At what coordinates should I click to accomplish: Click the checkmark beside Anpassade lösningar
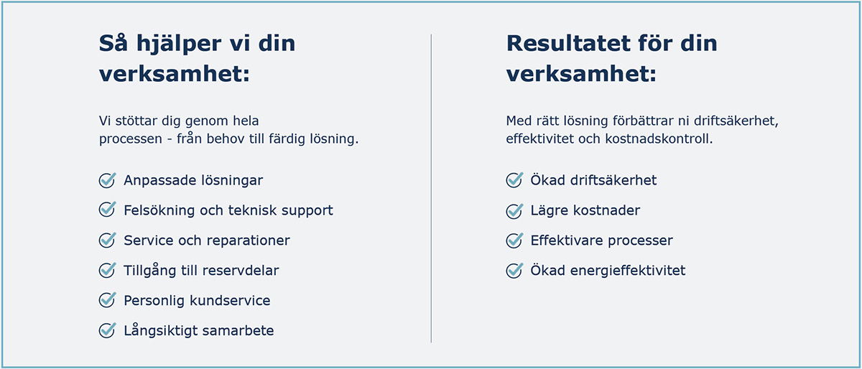(x=107, y=180)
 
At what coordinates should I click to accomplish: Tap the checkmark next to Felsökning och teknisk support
(x=107, y=210)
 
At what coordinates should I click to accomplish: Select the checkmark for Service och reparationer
(x=107, y=240)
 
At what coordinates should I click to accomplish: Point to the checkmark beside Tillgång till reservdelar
(x=107, y=270)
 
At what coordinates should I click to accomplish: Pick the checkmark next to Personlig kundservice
(x=107, y=300)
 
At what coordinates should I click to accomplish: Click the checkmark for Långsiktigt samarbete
(x=107, y=330)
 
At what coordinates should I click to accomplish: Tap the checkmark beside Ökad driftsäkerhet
(x=514, y=180)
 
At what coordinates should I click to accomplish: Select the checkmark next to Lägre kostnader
(x=514, y=210)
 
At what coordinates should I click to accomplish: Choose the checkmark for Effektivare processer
(x=514, y=240)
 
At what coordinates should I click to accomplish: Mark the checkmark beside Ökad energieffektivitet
(x=514, y=270)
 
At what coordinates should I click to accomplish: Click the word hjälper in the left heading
(x=179, y=44)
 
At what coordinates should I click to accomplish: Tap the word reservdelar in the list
(x=240, y=271)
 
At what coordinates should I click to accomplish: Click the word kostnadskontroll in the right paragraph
(x=659, y=139)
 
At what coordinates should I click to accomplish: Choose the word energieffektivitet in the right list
(x=628, y=271)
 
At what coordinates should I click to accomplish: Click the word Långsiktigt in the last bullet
(x=161, y=330)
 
